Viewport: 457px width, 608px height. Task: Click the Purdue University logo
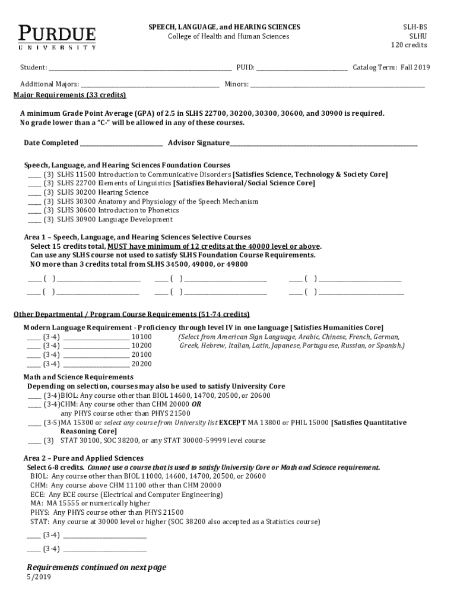57,37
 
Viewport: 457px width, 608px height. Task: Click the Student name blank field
140,68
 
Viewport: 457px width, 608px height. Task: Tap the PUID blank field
302,68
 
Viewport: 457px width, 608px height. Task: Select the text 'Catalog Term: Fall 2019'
391,67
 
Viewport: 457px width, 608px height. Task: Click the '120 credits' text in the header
408,45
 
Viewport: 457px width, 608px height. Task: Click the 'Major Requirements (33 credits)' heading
69,95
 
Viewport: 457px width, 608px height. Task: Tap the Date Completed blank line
122,143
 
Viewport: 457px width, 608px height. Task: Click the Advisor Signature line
323,143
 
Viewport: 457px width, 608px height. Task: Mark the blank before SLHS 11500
34,175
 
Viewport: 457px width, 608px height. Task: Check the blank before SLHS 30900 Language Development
34,220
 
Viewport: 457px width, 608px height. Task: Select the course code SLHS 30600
77,210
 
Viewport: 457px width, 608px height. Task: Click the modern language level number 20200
141,364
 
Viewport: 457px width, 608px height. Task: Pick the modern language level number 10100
141,337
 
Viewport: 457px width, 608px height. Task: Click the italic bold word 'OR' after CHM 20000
196,404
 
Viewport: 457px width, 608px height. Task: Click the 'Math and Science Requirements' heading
78,377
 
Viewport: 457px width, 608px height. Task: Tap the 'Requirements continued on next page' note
96,567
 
